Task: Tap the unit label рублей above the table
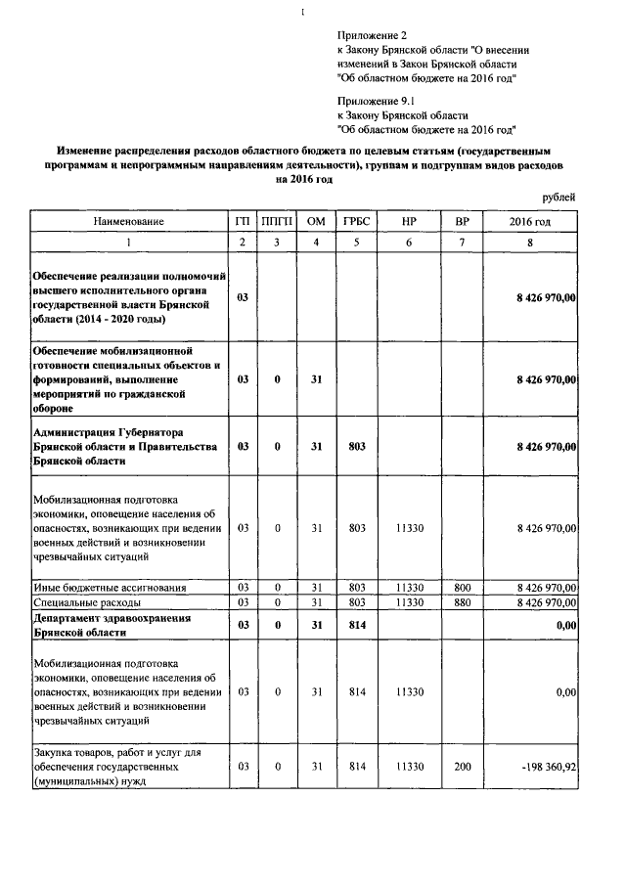558,197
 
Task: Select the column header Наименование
129,222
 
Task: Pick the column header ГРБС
356,222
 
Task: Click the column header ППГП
278,222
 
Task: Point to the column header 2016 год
529,222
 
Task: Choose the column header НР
409,222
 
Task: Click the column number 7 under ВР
462,243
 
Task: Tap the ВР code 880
462,602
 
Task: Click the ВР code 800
462,587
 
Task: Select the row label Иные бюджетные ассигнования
109,587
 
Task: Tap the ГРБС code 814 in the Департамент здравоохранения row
356,625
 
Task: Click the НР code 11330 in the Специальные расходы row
409,602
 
